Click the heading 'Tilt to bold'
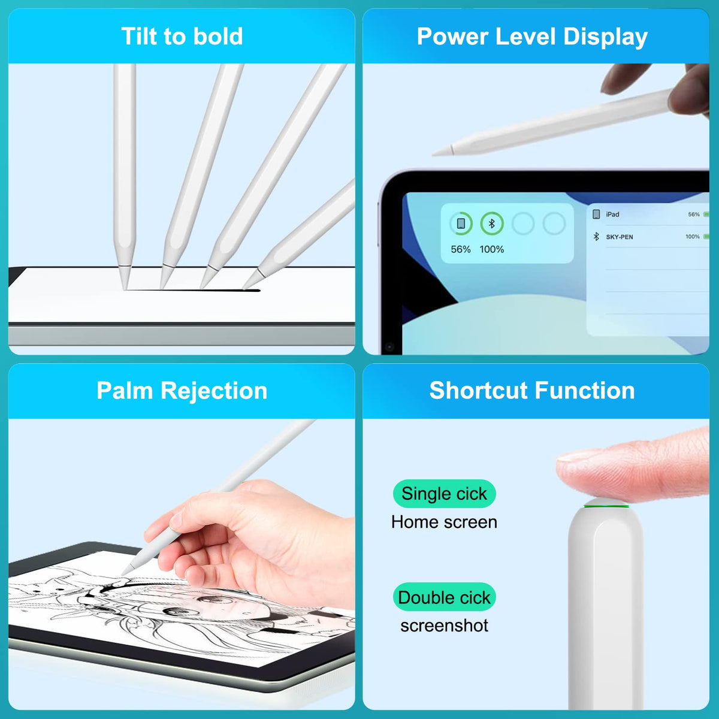click(182, 36)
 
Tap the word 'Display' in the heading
click(605, 37)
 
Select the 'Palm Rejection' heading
click(182, 391)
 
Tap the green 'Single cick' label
click(444, 494)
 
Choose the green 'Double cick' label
click(444, 597)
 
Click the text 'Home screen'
click(444, 522)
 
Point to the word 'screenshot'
click(444, 626)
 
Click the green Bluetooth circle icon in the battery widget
click(492, 223)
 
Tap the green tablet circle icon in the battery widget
click(461, 223)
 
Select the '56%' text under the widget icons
click(460, 249)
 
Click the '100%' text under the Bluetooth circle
click(492, 249)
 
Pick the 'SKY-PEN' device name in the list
click(620, 237)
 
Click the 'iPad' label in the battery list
click(613, 214)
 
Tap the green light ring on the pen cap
click(606, 506)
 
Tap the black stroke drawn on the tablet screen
click(192, 290)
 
